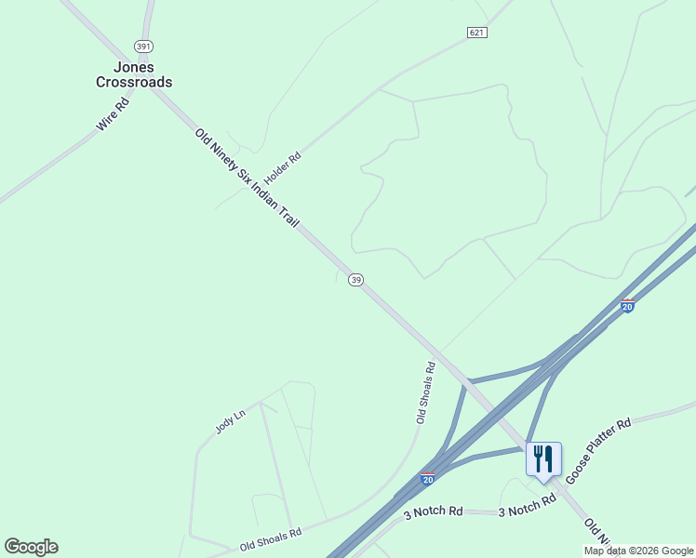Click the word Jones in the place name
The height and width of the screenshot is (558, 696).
(x=134, y=68)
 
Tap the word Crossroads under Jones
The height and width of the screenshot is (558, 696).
(x=134, y=82)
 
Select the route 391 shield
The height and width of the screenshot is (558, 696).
(x=142, y=46)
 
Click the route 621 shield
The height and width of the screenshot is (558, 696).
(x=477, y=33)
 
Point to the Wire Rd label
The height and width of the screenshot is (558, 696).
(x=112, y=113)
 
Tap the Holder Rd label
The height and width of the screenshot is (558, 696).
(x=283, y=167)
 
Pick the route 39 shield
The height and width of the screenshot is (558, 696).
(x=355, y=280)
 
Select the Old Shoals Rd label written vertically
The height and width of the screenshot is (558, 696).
(x=426, y=392)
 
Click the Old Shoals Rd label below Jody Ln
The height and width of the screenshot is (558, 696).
(x=271, y=539)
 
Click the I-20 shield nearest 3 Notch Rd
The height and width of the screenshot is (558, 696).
(x=427, y=480)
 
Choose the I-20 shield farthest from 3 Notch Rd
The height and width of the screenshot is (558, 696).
(x=627, y=306)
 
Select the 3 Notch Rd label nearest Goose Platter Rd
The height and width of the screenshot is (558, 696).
(x=527, y=505)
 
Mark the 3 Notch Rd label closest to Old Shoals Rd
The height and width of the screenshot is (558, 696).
(x=433, y=511)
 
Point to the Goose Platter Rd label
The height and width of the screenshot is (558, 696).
(x=598, y=450)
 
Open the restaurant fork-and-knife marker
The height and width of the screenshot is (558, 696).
(x=543, y=458)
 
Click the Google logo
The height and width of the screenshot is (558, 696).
(x=31, y=547)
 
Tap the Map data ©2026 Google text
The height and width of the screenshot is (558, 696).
(x=639, y=551)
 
